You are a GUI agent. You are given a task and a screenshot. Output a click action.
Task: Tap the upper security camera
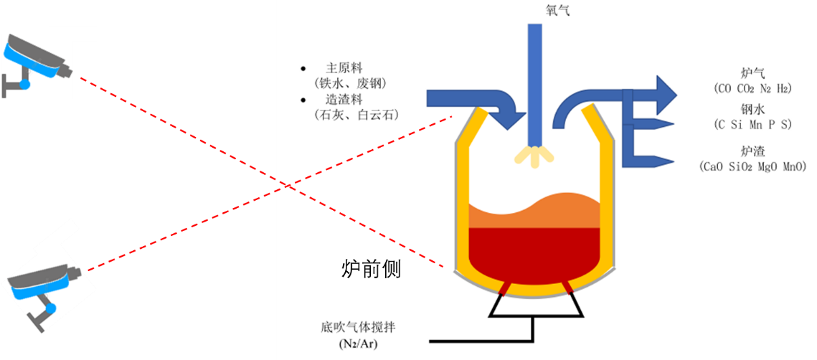[x=36, y=63]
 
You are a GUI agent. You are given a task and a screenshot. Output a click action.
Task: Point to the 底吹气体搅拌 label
[x=357, y=328]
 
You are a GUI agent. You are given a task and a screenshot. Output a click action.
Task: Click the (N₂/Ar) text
[x=357, y=344]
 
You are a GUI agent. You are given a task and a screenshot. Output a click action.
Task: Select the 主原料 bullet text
[x=341, y=69]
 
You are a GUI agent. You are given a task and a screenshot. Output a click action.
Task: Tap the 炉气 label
[x=752, y=73]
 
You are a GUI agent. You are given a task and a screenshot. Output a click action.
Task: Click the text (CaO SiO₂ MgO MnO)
[x=752, y=166]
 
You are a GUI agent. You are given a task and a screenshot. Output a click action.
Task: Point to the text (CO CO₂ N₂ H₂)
[x=752, y=89]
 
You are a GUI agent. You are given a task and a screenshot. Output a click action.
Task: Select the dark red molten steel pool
[x=534, y=251]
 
